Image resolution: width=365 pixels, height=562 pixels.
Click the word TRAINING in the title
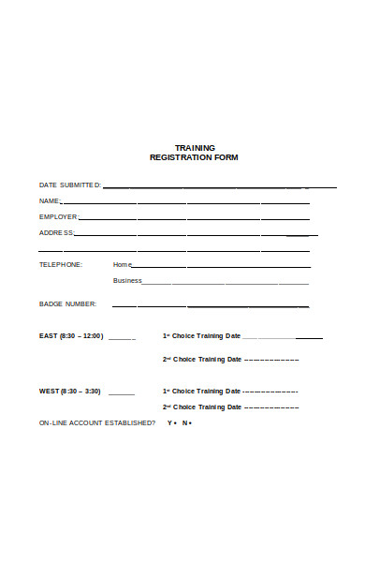195,148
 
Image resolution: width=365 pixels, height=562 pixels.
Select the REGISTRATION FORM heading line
195,157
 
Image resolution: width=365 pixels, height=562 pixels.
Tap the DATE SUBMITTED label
70,185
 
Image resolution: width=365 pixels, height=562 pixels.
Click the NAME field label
50,201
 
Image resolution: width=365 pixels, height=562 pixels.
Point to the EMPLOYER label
58,217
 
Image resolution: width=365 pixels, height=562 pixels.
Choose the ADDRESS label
55,233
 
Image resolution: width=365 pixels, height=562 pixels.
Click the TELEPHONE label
61,265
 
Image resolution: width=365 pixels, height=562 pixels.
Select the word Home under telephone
123,265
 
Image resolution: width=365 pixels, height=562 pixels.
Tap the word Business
127,280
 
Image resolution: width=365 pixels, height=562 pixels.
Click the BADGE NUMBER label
67,304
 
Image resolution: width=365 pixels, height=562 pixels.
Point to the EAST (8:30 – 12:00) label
71,336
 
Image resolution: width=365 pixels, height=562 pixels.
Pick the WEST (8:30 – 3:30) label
69,392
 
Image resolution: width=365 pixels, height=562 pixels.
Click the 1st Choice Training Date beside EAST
202,336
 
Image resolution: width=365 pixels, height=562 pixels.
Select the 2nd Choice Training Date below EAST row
202,359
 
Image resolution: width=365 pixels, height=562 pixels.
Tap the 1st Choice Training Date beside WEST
202,392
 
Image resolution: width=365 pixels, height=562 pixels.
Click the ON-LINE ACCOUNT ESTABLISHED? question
97,423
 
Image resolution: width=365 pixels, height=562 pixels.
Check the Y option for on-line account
169,423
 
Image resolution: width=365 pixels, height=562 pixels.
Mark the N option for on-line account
184,423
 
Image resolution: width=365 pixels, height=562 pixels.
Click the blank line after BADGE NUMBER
211,306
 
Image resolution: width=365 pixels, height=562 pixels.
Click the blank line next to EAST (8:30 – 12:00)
122,338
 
